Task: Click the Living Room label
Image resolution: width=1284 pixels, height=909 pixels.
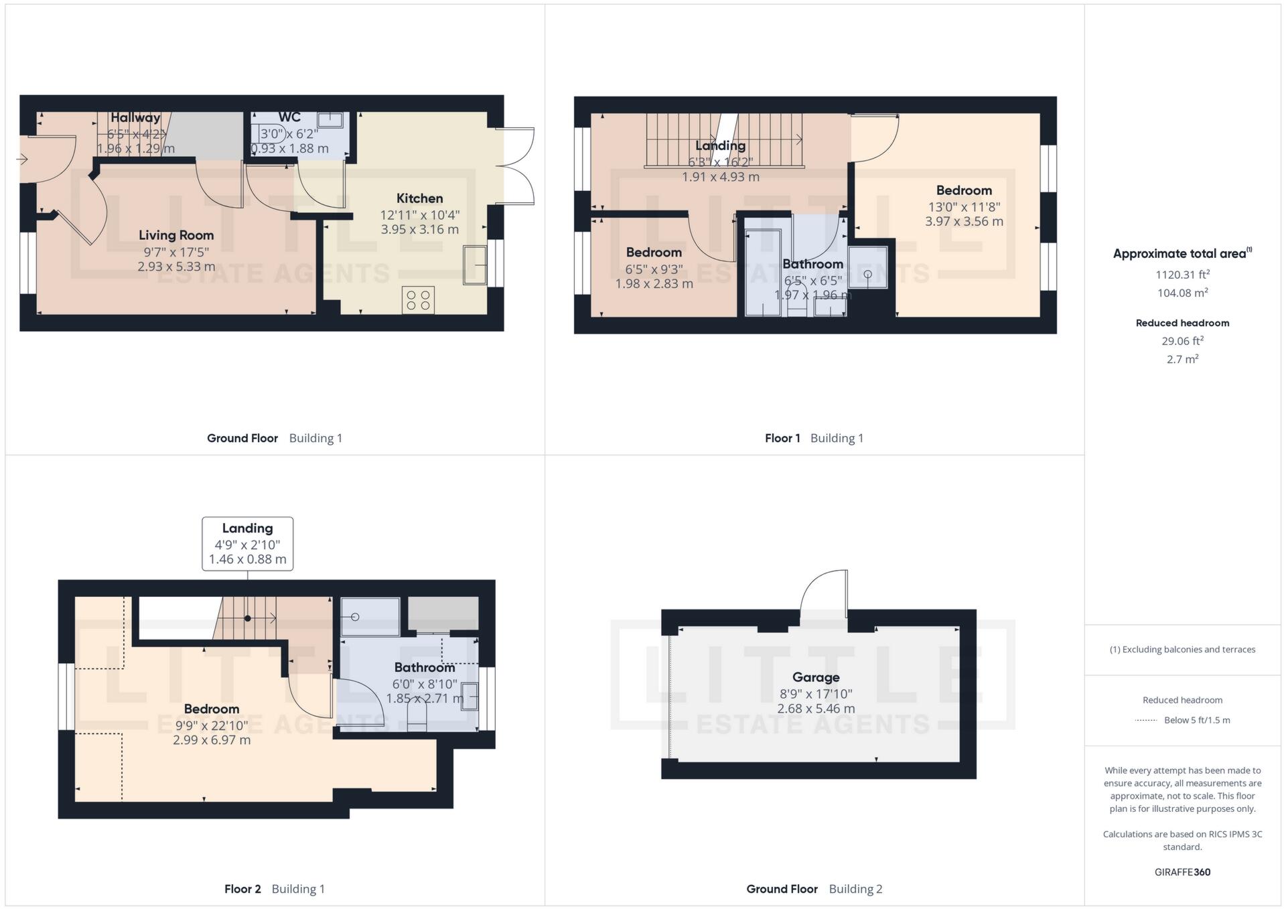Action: [176, 235]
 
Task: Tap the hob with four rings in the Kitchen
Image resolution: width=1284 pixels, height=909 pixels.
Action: [418, 299]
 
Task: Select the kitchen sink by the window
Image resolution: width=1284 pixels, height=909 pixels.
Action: [475, 265]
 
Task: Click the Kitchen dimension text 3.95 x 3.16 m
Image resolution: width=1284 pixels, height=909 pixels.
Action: [419, 230]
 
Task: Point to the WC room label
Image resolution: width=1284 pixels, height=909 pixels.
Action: [289, 117]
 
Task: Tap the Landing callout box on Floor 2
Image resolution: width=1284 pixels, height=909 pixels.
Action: [247, 543]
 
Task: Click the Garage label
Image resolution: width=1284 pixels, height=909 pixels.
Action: [815, 677]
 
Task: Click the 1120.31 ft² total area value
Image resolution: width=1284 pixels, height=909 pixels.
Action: [1182, 275]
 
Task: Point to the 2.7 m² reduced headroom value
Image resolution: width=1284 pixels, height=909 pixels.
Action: [1182, 359]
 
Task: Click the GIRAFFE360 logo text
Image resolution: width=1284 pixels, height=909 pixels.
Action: [1182, 872]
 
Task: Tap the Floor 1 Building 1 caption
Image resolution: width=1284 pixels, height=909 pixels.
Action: [814, 438]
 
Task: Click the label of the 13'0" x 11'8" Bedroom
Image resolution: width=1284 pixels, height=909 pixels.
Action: [963, 190]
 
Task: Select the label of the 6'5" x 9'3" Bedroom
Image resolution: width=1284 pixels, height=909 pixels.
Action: [654, 253]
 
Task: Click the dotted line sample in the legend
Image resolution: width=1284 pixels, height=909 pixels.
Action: [1146, 721]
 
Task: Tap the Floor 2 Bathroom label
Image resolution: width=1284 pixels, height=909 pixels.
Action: [424, 667]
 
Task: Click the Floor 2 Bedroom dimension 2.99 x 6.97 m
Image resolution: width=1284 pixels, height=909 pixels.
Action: [212, 740]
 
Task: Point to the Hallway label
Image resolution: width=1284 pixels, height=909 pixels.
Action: [135, 118]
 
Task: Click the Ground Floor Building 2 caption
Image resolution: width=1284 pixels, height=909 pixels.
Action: [814, 889]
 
